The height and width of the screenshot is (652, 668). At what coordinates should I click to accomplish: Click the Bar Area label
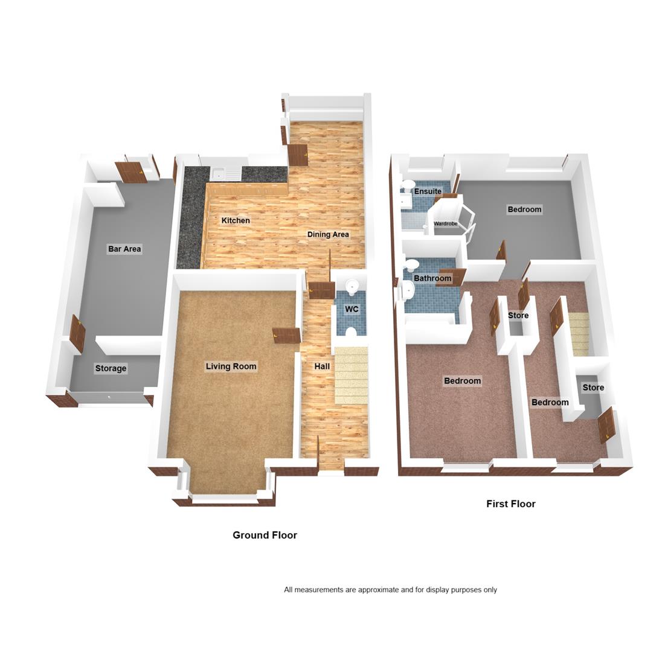[124, 249]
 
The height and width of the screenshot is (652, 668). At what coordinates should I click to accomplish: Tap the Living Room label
[231, 366]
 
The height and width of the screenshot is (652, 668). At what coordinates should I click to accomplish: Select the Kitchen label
[236, 220]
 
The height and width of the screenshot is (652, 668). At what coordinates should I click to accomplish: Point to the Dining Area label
[328, 234]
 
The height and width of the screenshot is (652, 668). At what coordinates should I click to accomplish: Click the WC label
[352, 308]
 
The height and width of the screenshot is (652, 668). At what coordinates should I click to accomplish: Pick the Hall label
[322, 366]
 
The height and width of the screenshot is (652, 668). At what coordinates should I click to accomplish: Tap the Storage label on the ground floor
[111, 368]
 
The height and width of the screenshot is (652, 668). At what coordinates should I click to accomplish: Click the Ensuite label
[428, 191]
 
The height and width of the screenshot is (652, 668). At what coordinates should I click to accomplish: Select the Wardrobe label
[446, 223]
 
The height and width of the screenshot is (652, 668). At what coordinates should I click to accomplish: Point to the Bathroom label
[432, 278]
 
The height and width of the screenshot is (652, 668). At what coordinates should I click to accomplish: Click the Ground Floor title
[265, 535]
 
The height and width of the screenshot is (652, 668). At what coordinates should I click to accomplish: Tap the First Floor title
[511, 504]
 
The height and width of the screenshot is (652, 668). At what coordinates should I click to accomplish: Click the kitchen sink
[226, 174]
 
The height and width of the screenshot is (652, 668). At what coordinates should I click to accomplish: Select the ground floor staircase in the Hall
[351, 376]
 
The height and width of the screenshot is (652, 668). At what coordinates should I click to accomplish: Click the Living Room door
[287, 334]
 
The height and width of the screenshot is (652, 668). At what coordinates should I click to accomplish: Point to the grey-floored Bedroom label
[524, 209]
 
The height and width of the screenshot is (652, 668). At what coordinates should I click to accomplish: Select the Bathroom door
[451, 277]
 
